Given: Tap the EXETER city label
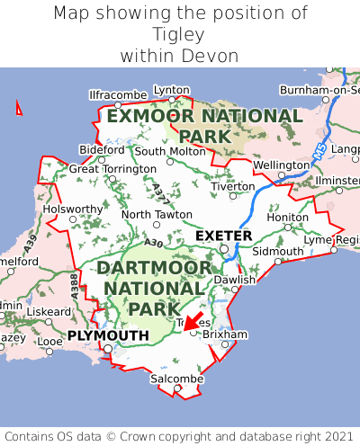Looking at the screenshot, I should click(223, 236).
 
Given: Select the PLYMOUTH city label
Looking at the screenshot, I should click(108, 335).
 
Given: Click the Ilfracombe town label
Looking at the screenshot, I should click(118, 94).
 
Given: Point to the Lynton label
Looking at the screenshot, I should click(172, 90).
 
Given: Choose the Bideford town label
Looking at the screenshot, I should click(102, 149).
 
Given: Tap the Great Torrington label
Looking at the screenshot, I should click(112, 168).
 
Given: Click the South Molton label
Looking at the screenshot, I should click(170, 151).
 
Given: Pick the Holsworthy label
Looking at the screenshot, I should click(74, 209).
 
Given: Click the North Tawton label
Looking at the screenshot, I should click(157, 215).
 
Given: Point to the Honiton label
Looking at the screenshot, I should click(288, 217).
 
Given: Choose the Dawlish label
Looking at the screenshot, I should click(235, 280).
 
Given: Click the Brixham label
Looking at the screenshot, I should click(225, 334).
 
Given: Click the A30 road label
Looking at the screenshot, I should click(153, 243).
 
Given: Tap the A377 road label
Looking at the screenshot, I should click(160, 191).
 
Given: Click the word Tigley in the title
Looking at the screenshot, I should click(179, 34).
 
